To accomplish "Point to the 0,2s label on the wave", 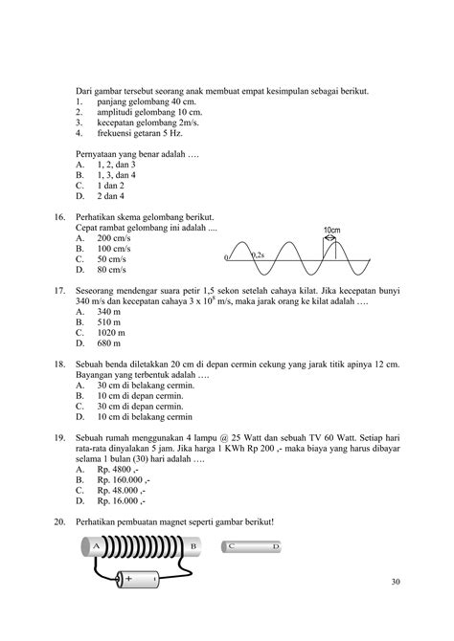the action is (258, 255).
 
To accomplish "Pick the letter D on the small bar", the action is (303, 546).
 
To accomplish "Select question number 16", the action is (59, 218).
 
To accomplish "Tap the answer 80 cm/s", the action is (110, 270).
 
